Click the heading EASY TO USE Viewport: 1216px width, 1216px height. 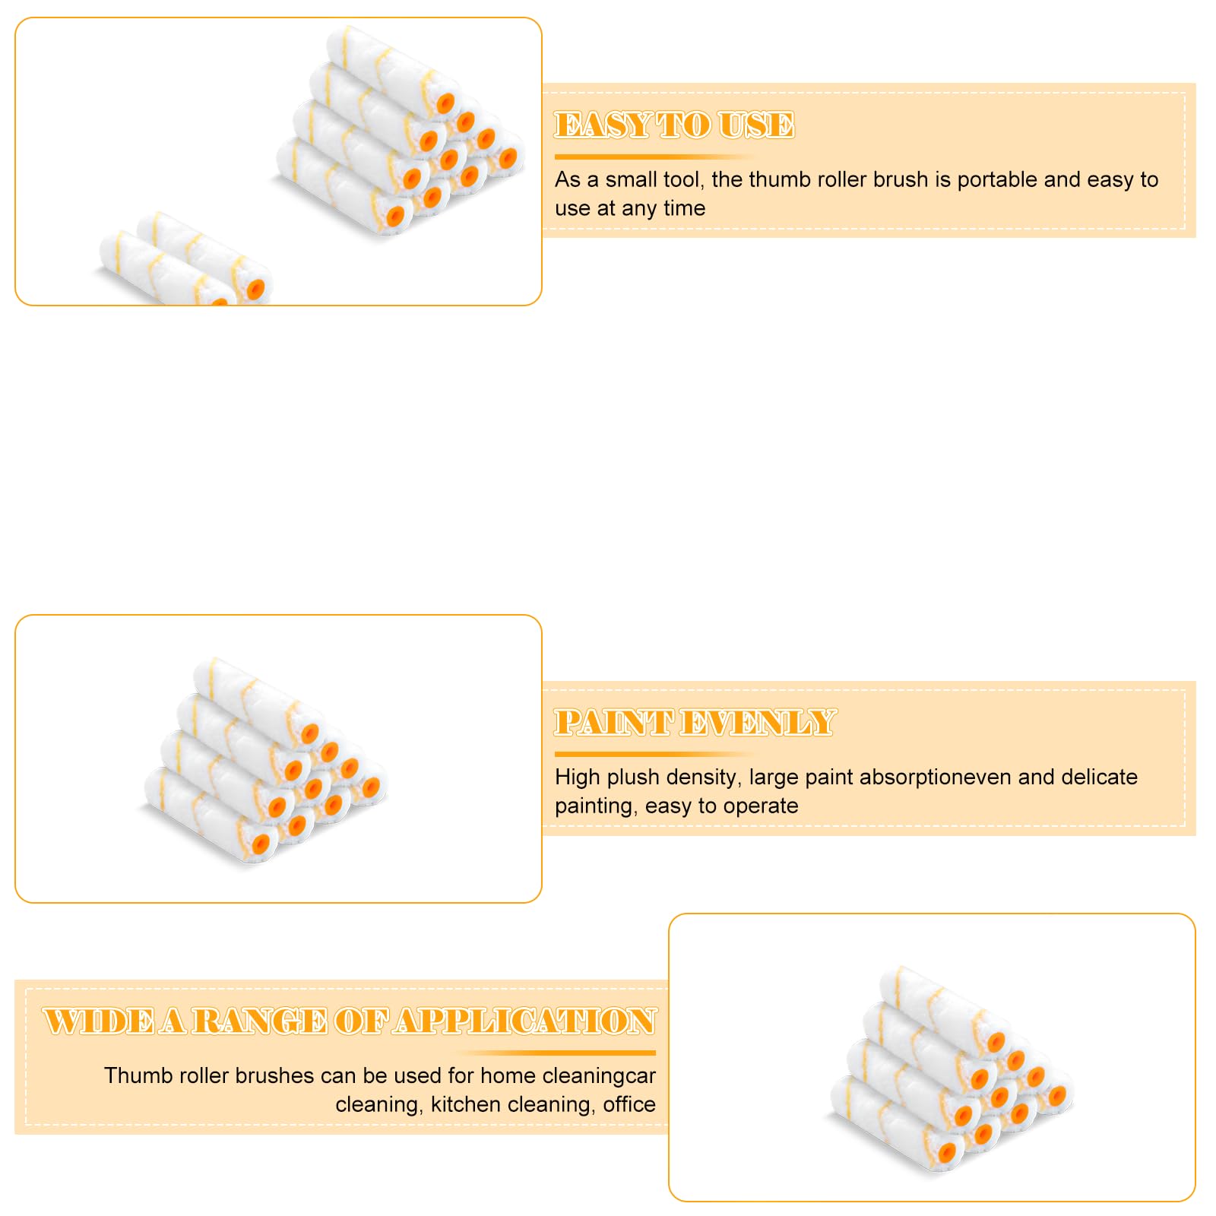(674, 125)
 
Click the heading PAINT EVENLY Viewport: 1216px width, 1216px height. (695, 723)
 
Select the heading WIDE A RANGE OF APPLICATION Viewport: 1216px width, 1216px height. (350, 1021)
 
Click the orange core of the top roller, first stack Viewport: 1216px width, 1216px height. (445, 103)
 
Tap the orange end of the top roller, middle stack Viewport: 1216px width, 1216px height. (309, 734)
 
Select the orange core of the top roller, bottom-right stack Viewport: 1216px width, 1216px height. (996, 1043)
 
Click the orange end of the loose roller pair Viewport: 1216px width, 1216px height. (256, 289)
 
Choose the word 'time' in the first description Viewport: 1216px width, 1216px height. (684, 208)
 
